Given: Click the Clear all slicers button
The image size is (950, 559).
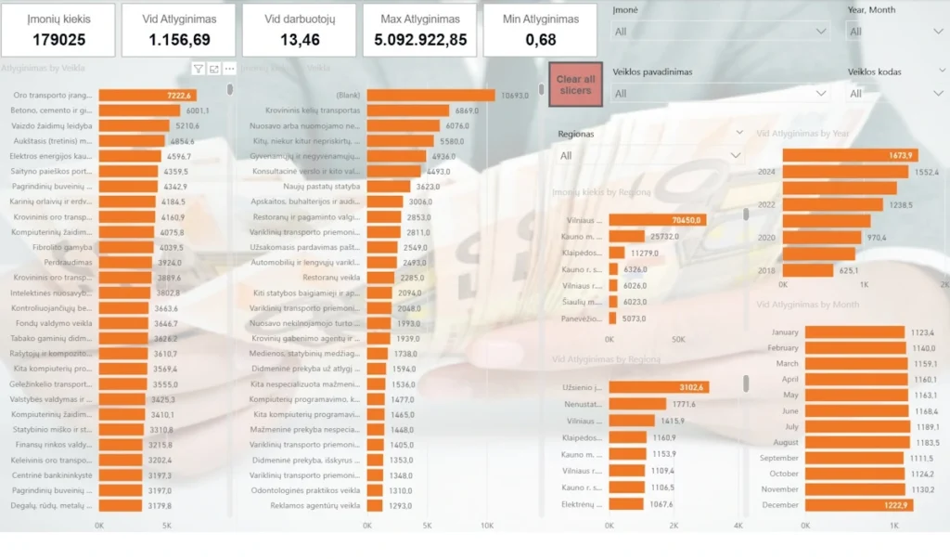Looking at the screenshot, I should coord(575,85).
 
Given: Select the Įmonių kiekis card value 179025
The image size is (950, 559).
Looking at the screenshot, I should coord(58,40).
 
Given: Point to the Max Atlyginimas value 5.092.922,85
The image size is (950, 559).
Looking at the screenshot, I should coord(419,40).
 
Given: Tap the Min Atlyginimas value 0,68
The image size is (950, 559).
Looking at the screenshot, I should coord(539,40).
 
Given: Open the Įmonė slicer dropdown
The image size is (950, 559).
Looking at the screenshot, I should coord(820,32).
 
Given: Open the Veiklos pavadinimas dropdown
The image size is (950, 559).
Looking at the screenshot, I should coord(820,93).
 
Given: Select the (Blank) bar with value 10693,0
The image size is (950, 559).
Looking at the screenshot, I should coord(430,95).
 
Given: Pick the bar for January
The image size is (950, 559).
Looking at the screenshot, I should coord(854,332).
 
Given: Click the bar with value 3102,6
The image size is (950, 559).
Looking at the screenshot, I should coord(659,387).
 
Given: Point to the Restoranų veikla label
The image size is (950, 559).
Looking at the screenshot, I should coord(332,277).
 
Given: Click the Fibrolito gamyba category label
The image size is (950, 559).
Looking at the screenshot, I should coord(62,247).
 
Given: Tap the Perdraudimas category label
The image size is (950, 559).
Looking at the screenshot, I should coord(70,262).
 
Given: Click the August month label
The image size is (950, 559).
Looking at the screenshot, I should coord(785,442).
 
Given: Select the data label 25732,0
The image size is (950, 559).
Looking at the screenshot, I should coord(664,237).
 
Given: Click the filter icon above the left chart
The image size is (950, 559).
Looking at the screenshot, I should coord(199,69).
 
